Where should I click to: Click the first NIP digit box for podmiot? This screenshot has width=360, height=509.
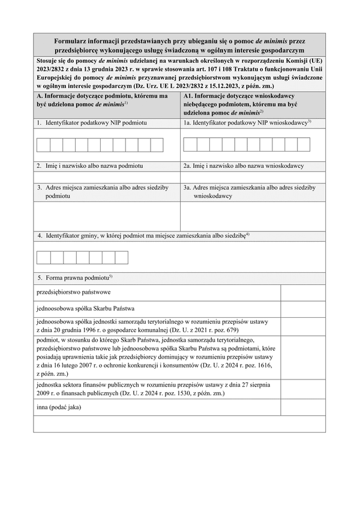[x=43, y=144]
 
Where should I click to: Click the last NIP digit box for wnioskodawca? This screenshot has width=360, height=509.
[x=304, y=144]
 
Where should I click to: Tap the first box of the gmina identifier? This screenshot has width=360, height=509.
[x=43, y=258]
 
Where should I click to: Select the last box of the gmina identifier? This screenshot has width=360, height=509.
[x=122, y=258]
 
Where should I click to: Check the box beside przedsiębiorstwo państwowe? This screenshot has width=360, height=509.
[x=303, y=293]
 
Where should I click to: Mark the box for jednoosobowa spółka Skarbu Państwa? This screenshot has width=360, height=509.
[x=303, y=309]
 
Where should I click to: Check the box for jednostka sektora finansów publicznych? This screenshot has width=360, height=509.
[x=303, y=389]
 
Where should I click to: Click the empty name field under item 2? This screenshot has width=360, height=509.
[x=107, y=177]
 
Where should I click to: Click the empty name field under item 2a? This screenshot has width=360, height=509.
[x=253, y=177]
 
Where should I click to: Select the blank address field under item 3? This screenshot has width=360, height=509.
[x=107, y=216]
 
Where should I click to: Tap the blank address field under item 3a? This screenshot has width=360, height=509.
[x=253, y=216]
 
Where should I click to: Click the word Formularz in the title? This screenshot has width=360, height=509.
[x=71, y=41]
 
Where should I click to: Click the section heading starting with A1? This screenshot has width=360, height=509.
[x=252, y=103]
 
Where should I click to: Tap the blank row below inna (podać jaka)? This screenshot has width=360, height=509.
[x=179, y=424]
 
